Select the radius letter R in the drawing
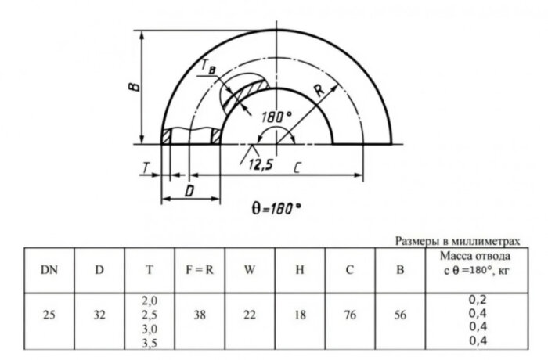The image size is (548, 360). (x=319, y=91)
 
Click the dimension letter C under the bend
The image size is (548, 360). (x=298, y=166)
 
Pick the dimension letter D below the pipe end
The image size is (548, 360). (x=189, y=189)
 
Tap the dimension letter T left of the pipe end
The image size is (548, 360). (x=146, y=166)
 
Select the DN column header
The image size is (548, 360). (x=49, y=270)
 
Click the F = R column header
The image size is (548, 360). (x=199, y=270)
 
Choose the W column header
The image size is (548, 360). (x=249, y=270)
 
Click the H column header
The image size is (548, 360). (x=299, y=270)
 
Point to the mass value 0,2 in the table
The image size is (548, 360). (x=477, y=299)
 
